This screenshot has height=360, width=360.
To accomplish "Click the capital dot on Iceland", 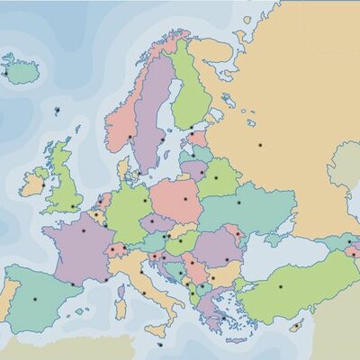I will click(x=6, y=73).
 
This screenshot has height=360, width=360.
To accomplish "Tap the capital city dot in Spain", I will click(x=35, y=298).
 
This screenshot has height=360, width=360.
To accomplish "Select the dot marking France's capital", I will click(x=84, y=230).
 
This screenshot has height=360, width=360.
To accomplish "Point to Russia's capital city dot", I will click(x=260, y=144).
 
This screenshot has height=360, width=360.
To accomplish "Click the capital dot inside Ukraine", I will click(x=239, y=202).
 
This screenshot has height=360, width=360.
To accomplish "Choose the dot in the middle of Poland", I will click(x=185, y=198).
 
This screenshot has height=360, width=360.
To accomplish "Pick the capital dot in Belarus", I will click(x=215, y=177).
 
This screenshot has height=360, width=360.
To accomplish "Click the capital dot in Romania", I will click(x=227, y=260).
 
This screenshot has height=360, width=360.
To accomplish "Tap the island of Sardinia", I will click(x=120, y=307).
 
